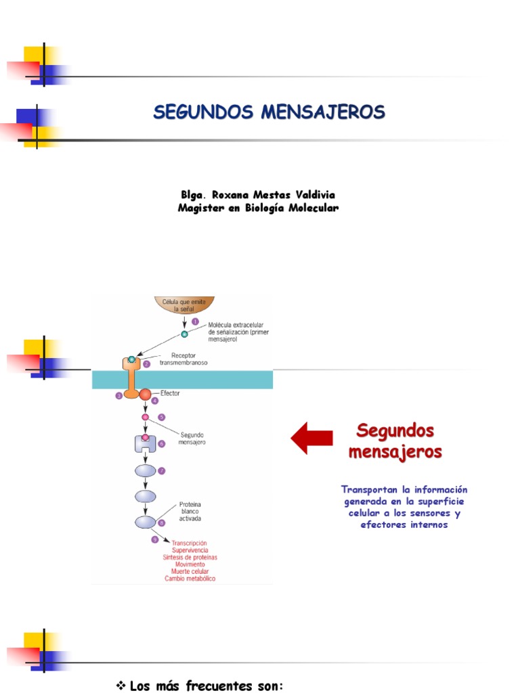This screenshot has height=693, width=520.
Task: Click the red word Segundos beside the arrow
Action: coord(395,430)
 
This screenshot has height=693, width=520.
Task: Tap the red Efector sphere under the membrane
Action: coord(146,394)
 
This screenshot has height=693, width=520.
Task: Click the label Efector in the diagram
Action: coord(171,392)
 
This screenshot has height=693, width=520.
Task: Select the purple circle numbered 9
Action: coord(155,539)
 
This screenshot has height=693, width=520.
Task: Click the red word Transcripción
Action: coord(190,543)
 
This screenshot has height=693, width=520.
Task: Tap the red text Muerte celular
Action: coord(190,571)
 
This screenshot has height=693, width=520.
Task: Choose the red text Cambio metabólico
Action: coord(190,579)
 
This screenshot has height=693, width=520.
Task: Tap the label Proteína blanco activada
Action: coord(190,512)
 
